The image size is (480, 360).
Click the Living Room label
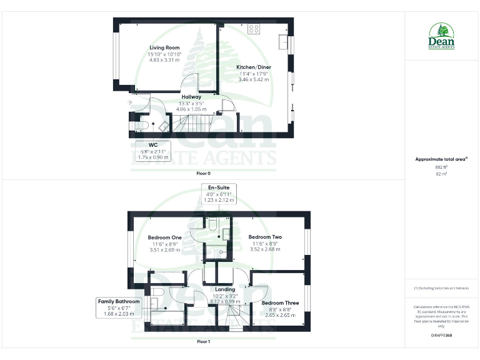tap(164, 47)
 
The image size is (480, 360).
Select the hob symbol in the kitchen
tap(254, 29)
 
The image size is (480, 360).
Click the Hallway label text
tap(191, 97)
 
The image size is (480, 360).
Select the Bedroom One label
tap(164, 237)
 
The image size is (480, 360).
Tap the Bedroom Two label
tap(265, 237)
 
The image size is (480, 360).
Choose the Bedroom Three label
tap(281, 303)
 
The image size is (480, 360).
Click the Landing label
tap(225, 289)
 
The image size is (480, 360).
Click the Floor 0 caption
tap(204, 172)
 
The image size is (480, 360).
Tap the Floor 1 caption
tap(203, 342)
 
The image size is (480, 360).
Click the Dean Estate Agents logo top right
tap(442, 36)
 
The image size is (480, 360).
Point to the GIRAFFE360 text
tap(441, 336)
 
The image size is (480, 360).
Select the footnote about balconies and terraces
tap(441, 288)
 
